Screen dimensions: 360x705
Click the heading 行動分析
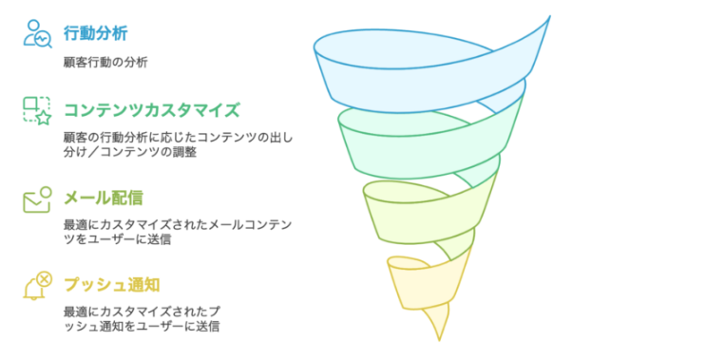(96, 34)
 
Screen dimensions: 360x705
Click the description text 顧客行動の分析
(105, 63)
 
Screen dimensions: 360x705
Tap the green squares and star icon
(36, 110)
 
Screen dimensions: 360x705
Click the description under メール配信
(177, 232)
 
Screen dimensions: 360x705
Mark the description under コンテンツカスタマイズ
(177, 143)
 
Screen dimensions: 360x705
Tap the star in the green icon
(43, 118)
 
